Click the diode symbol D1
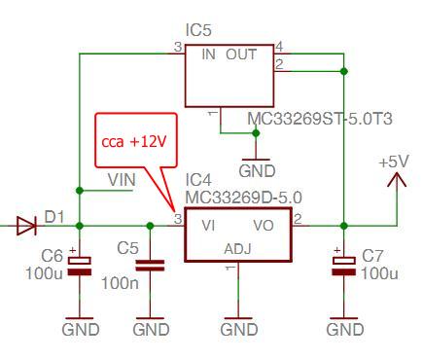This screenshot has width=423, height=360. pos(26,227)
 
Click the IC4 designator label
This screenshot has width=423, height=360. pos(197,180)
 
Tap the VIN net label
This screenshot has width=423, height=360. pos(121,179)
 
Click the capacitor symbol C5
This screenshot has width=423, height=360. pos(150,265)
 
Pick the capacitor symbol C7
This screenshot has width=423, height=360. pos(341,265)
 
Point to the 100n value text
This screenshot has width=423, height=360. pos(118,283)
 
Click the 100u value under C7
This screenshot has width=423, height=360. pos(380,273)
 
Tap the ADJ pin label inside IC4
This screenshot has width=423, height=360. pos(237,249)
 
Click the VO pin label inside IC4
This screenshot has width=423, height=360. pos(264,226)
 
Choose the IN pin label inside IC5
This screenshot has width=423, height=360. pos(208,54)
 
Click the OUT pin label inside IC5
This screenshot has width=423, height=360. pos(241,54)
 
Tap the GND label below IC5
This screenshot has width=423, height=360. pos(257,171)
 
